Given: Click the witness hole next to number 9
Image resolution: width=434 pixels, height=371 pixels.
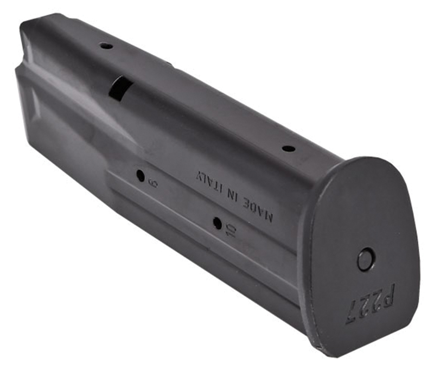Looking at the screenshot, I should coord(141,176).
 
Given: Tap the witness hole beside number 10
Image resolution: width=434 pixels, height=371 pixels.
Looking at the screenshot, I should coord(217,223).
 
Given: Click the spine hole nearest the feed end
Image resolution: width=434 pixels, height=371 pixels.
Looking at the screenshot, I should coord(106,46).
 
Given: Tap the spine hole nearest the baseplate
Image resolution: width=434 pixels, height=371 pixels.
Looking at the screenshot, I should coord(289,148).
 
